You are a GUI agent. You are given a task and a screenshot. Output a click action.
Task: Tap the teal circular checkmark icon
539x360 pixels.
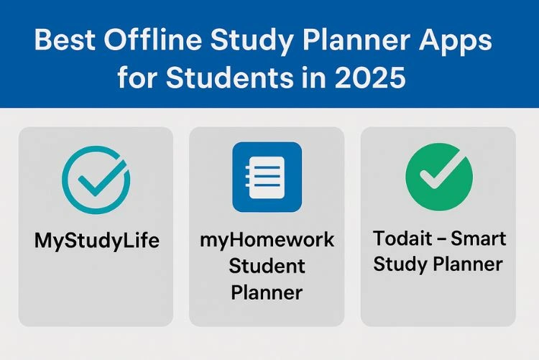96,176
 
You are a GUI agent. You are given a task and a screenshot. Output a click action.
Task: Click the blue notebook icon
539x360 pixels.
267,177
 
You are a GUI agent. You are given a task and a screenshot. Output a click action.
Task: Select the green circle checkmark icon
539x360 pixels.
439,176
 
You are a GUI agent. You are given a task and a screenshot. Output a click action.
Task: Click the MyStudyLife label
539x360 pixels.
96,240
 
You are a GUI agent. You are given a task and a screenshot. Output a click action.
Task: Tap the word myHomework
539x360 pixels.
267,240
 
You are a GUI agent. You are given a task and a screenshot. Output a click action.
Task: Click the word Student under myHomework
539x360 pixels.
267,266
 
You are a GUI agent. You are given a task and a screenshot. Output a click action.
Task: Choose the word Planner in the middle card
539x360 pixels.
267,292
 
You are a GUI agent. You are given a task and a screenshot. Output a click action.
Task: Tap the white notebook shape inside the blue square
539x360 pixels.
267,177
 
